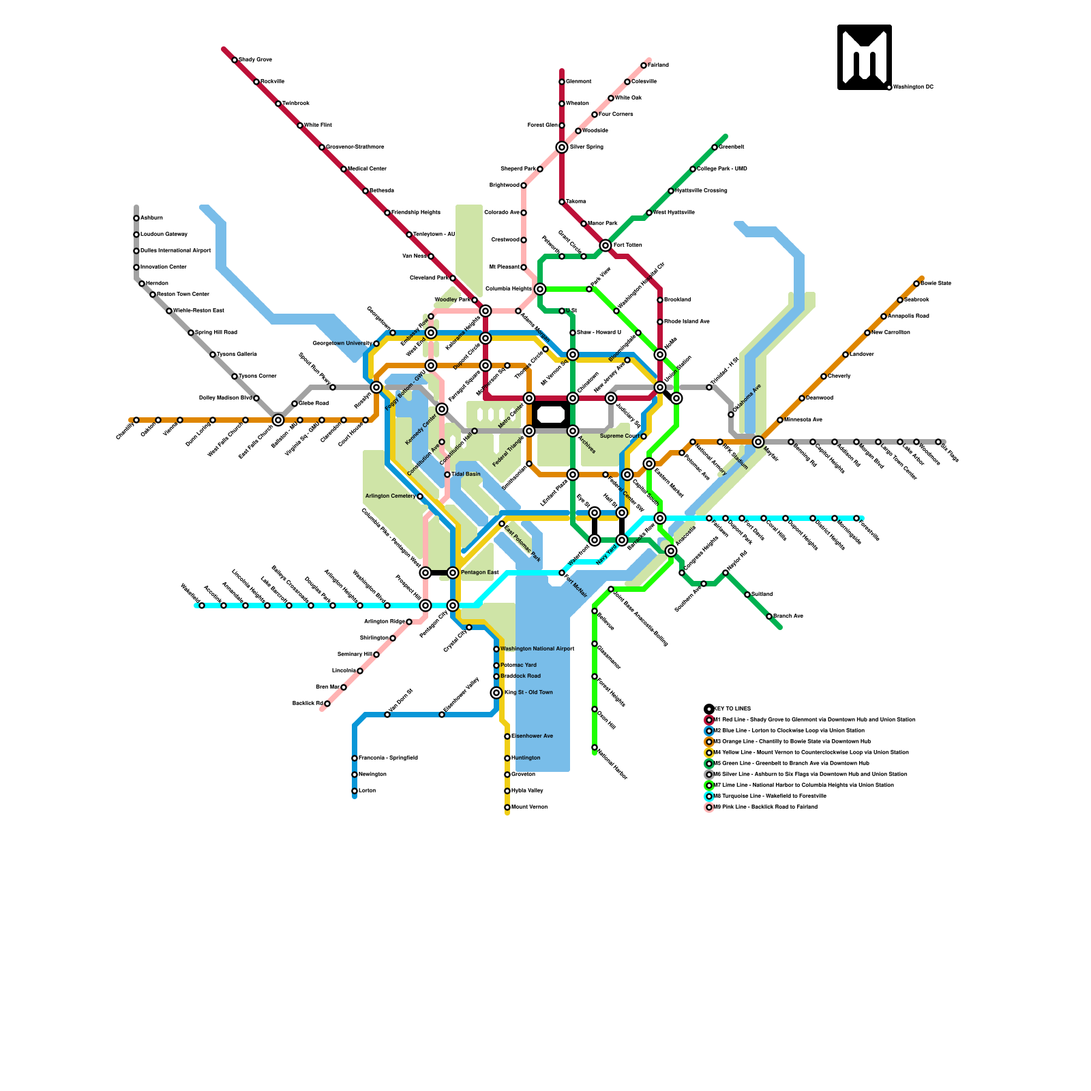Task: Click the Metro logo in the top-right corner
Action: (x=864, y=57)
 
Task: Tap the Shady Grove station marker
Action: (x=235, y=60)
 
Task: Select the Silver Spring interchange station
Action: (x=562, y=147)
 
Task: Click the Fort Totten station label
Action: (x=627, y=245)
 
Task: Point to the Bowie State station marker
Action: (x=916, y=284)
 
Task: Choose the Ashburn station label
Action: (x=151, y=218)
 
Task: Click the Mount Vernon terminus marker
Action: (x=507, y=807)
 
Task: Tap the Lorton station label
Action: (x=367, y=791)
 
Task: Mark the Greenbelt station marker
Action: (x=715, y=147)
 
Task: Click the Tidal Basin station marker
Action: (x=447, y=475)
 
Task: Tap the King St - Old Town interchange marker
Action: (x=496, y=693)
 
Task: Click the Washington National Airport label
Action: (x=537, y=649)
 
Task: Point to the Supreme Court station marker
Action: (x=644, y=436)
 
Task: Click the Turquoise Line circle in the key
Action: (x=709, y=796)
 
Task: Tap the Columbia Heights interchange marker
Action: (x=540, y=289)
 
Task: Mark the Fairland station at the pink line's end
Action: (x=644, y=65)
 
